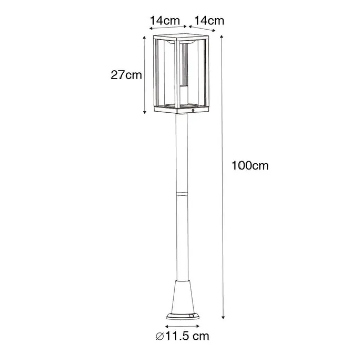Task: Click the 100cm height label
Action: click(250, 166)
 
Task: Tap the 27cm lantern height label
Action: click(126, 75)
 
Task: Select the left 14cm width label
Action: click(165, 21)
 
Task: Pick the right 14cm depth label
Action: click(209, 21)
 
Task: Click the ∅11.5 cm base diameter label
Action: click(182, 336)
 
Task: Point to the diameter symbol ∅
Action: click(160, 336)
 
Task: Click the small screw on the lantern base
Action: click(193, 111)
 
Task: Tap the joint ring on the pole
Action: click(181, 193)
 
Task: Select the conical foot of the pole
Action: click(182, 297)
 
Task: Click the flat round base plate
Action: click(183, 316)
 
